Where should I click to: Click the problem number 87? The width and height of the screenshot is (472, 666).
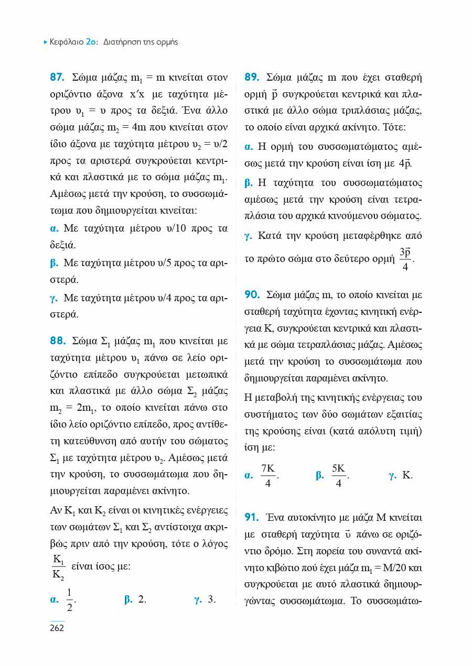point(57,78)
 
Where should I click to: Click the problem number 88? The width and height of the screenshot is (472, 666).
point(57,341)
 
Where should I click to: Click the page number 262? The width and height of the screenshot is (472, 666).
point(57,628)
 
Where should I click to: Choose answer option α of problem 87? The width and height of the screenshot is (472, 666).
point(53,228)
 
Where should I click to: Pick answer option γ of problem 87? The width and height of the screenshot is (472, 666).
point(53,298)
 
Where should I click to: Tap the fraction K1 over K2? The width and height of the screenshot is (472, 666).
point(58,567)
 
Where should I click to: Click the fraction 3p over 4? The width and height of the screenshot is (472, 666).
point(405,259)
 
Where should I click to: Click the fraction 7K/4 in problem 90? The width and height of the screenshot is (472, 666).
point(268,476)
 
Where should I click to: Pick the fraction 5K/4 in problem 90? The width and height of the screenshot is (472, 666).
point(338,476)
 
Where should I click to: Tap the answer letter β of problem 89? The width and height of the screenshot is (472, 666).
point(249,183)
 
